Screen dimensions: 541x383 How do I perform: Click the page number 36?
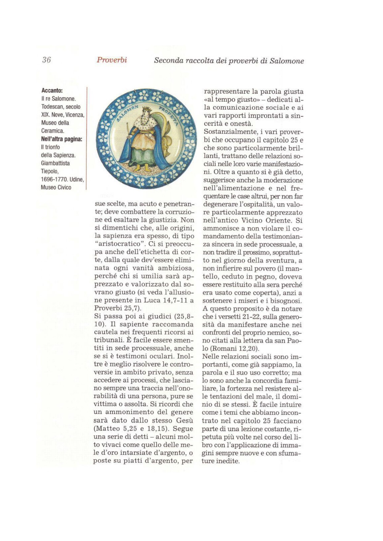pos(47,60)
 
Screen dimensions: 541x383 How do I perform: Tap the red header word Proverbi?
pos(112,60)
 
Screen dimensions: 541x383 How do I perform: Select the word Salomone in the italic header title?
pos(287,61)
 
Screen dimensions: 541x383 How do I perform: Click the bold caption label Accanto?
pos(52,91)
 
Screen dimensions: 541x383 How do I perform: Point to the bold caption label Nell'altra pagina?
pos(62,139)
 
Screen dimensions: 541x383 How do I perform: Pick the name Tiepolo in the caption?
pos(50,171)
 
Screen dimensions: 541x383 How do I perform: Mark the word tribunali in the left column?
pos(109,340)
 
